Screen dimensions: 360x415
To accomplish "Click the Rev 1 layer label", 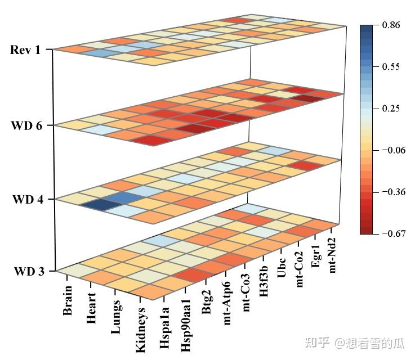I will (25, 50).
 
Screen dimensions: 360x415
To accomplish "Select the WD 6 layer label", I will (26, 125).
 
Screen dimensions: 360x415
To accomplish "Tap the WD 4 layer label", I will (26, 199).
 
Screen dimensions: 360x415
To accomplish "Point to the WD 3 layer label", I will (26, 271).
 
